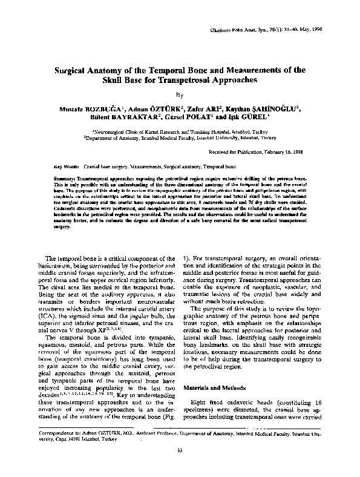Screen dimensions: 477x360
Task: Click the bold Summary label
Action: pyautogui.click(x=65, y=179)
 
